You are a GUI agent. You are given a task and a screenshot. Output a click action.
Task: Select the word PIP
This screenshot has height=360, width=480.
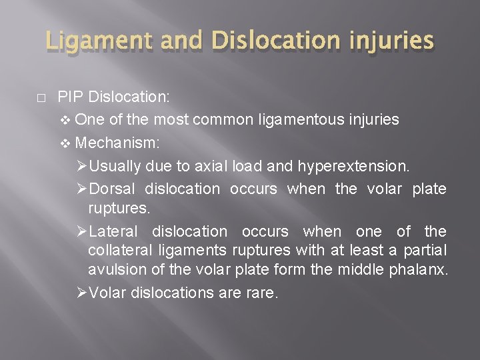[x=68, y=97]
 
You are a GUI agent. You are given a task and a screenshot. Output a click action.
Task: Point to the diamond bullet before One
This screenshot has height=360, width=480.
[x=64, y=120]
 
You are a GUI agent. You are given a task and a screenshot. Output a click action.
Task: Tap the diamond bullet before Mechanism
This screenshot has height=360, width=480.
[x=64, y=143]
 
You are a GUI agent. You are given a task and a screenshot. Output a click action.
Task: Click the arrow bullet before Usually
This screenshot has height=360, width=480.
[x=81, y=165]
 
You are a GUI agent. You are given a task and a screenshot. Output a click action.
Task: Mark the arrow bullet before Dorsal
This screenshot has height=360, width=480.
[x=81, y=189]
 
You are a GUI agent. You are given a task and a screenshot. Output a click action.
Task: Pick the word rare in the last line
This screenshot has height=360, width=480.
[x=263, y=293]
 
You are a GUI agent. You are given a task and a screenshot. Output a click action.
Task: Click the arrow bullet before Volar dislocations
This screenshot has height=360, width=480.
[x=81, y=293]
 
